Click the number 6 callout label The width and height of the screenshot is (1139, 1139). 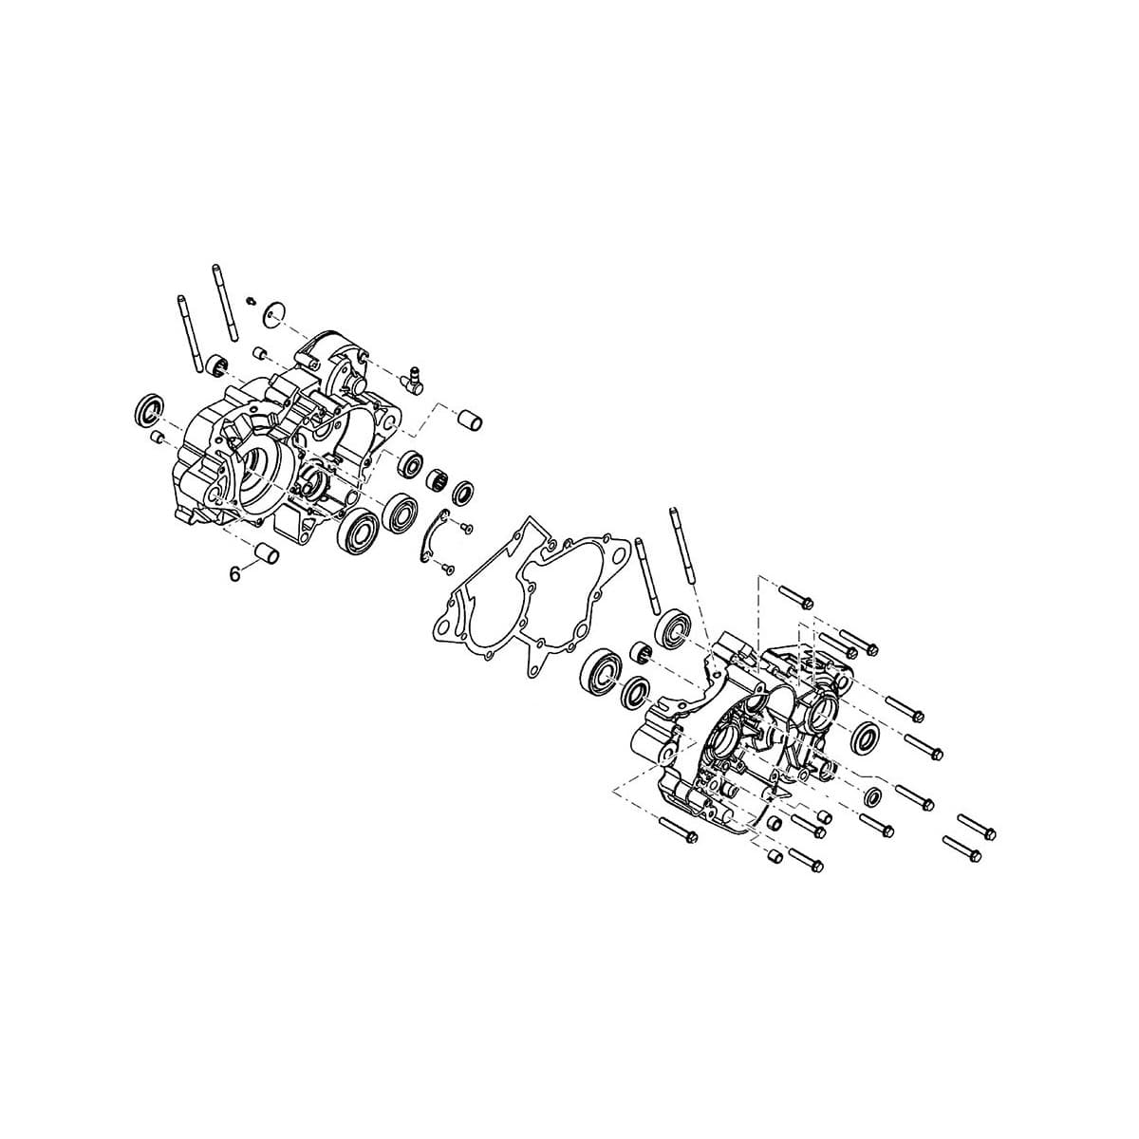[235, 572]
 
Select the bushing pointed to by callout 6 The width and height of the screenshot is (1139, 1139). [267, 552]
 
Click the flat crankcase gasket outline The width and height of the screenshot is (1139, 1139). [531, 597]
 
